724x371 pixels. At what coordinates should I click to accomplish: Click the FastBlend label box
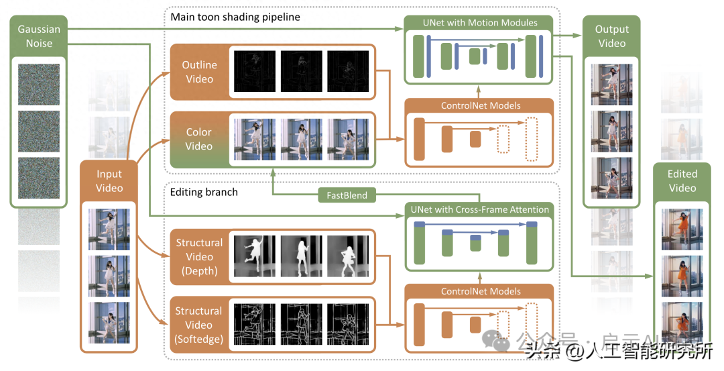(x=347, y=195)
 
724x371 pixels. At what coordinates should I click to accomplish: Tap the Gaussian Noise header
(x=39, y=36)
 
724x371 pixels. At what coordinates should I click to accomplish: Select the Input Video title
(x=109, y=181)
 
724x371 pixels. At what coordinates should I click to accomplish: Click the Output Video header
(x=611, y=36)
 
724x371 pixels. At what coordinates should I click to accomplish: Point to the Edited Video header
(x=682, y=181)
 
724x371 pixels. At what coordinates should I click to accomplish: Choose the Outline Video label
(x=199, y=72)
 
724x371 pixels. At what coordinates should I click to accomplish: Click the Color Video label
(x=199, y=139)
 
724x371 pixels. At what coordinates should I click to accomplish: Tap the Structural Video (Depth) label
(x=199, y=256)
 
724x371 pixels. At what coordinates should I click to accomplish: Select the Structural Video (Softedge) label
(x=199, y=325)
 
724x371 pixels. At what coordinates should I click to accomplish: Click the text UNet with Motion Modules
(x=480, y=23)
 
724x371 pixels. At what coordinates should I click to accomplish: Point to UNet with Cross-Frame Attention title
(x=480, y=209)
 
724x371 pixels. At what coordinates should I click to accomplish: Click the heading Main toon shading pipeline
(x=235, y=17)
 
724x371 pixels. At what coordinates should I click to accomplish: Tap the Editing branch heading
(x=204, y=192)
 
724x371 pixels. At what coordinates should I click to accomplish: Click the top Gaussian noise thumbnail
(x=39, y=84)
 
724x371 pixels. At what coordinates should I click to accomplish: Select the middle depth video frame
(x=301, y=256)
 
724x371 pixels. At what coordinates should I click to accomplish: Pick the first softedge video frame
(x=254, y=325)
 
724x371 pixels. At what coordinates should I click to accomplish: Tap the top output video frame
(x=611, y=85)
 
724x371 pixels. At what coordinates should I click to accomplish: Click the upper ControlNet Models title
(x=480, y=105)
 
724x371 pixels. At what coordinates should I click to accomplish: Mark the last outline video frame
(x=348, y=71)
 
